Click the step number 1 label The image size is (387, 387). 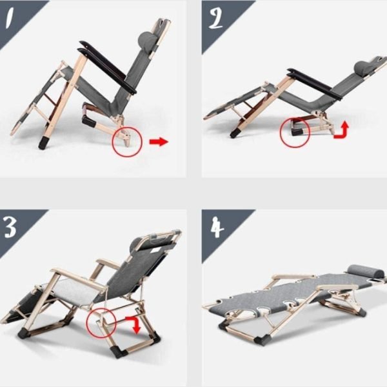coord(9,18)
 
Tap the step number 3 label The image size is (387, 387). coord(10,227)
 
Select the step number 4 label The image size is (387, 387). coord(217,227)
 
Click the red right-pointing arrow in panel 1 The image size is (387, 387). coord(159,142)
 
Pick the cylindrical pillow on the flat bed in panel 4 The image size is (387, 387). coord(366,272)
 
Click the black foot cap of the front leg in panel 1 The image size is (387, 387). coord(45,143)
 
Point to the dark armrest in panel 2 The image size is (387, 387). coord(315,84)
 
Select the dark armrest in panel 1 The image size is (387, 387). coord(107,66)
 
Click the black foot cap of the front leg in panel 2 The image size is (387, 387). coord(235,132)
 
